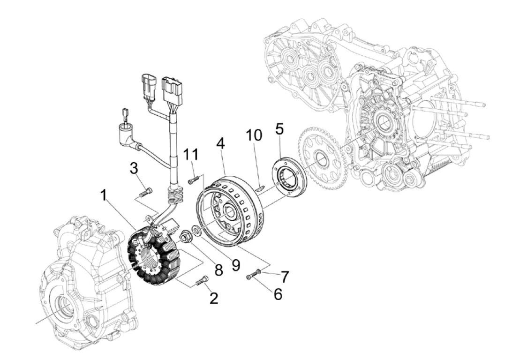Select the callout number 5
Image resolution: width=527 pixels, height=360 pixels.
(279, 128)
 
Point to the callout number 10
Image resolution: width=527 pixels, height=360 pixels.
(254, 135)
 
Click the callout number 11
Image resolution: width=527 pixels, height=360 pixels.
(191, 155)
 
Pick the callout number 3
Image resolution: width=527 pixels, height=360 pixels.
(134, 169)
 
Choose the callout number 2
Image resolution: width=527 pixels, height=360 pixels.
(214, 298)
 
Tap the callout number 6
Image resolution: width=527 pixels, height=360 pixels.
(278, 294)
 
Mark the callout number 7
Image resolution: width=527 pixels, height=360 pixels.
(285, 277)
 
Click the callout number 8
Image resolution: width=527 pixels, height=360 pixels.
(218, 270)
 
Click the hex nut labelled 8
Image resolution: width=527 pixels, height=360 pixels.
(185, 236)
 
